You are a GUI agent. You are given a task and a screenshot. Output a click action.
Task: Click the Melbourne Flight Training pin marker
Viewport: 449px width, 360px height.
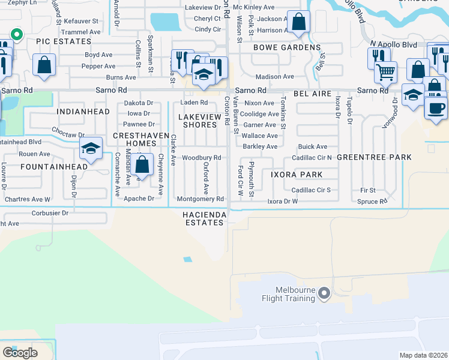tap(324, 293)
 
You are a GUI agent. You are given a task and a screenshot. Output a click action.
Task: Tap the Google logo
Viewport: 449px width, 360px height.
tap(20, 353)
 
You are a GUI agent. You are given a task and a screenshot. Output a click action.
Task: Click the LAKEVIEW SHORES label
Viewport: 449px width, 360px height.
tap(199, 121)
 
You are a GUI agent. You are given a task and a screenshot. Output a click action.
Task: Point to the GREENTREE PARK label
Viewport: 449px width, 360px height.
tap(374, 157)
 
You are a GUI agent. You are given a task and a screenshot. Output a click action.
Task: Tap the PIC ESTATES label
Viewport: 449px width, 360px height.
tap(64, 42)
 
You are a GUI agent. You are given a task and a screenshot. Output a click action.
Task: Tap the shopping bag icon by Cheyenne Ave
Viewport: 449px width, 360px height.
tap(143, 163)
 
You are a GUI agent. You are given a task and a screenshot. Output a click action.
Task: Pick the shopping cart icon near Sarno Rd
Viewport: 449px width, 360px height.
tap(385, 73)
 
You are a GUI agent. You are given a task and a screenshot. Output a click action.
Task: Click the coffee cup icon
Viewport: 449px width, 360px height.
tap(436, 108)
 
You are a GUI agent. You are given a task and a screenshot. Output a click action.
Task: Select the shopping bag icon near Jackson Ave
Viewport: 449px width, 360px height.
tap(297, 22)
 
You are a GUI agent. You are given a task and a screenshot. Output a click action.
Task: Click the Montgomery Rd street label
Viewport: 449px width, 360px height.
tap(200, 199)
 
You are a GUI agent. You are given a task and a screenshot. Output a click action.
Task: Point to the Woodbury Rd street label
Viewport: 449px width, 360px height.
tap(202, 158)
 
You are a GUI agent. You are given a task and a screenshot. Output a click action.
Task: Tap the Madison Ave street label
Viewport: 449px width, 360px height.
tap(275, 77)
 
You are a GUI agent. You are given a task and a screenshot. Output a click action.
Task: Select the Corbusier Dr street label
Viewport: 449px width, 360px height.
tap(49, 212)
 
